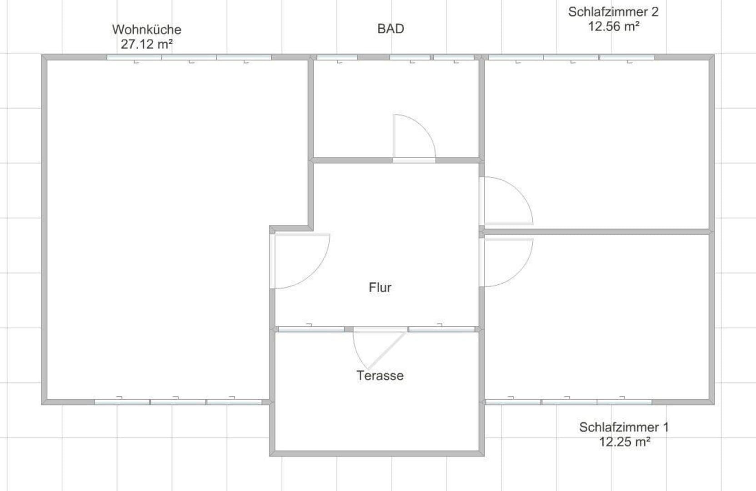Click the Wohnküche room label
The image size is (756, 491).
tap(146, 30)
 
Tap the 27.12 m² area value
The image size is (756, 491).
tap(147, 44)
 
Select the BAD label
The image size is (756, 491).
tap(391, 29)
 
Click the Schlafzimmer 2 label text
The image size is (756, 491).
tap(613, 12)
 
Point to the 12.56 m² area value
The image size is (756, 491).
tap(614, 26)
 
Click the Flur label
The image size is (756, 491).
tap(380, 287)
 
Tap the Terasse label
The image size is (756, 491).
tap(380, 376)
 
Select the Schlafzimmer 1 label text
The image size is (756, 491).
tap(624, 427)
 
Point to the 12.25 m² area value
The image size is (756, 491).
tap(624, 442)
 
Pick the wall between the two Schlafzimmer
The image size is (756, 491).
tap(597, 232)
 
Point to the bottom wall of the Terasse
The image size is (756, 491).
tap(377, 454)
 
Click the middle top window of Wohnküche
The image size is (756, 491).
tap(189, 57)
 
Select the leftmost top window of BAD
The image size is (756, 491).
tap(337, 57)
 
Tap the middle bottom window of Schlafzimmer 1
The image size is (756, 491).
tap(569, 402)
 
